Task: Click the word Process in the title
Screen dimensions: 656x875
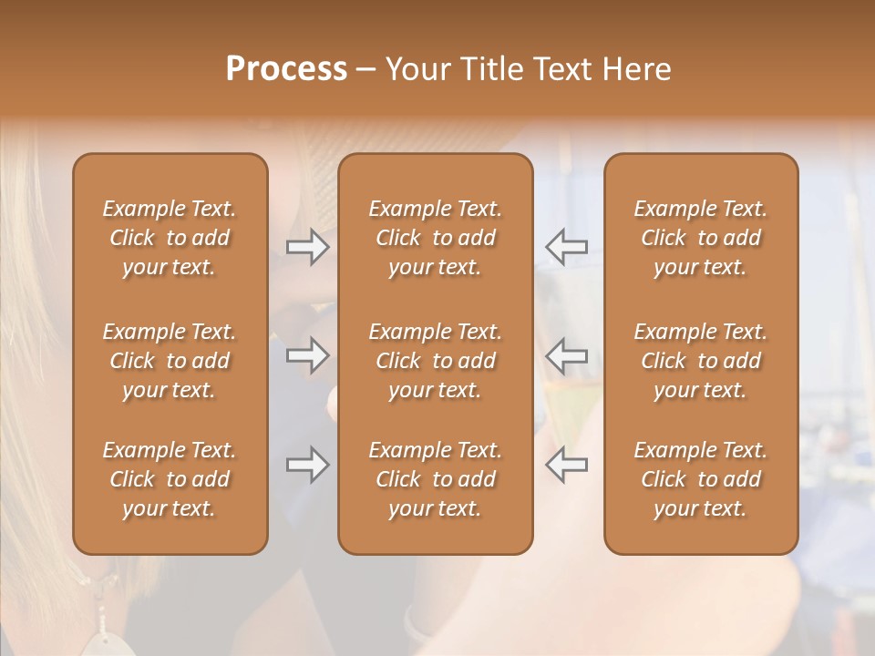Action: tap(286, 68)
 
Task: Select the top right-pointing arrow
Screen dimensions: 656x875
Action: tap(308, 246)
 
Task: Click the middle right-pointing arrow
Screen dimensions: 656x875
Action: tap(308, 355)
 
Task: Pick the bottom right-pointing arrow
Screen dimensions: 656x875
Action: tap(308, 465)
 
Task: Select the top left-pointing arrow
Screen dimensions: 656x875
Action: tap(566, 246)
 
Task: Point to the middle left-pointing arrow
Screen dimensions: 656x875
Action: tap(566, 355)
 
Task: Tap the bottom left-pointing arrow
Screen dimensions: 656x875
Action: tap(566, 465)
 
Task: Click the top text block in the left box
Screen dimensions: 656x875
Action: tap(170, 238)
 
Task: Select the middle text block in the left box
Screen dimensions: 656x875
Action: tap(170, 361)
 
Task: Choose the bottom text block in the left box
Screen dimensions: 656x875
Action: tap(170, 479)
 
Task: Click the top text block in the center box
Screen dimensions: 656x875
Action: tap(436, 238)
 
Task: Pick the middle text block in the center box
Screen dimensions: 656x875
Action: tap(436, 361)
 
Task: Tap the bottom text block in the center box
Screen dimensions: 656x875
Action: tap(436, 479)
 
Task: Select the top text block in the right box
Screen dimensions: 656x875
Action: tap(701, 238)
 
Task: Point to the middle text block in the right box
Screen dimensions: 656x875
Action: tap(701, 361)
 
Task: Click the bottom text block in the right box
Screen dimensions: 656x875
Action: tap(701, 479)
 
